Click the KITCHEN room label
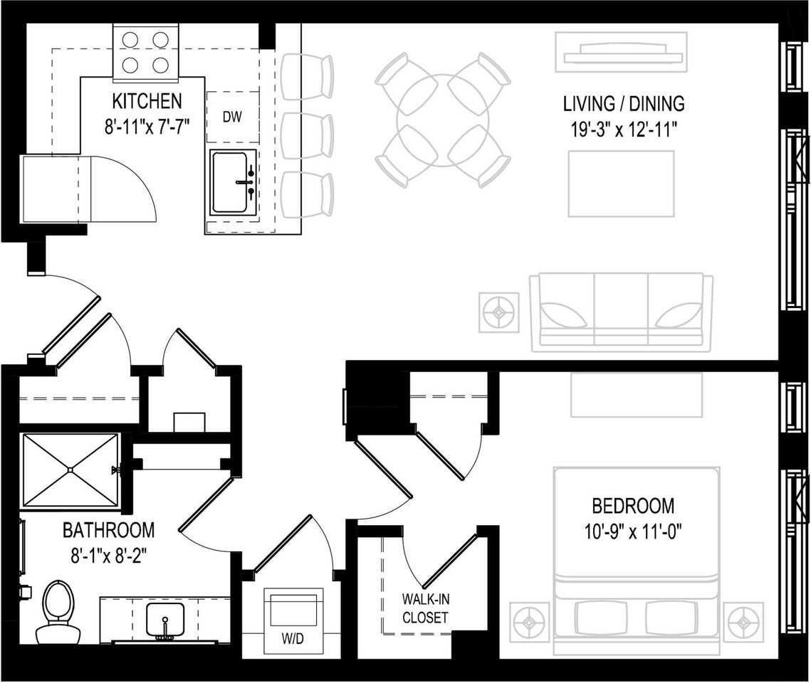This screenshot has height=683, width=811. tap(146, 100)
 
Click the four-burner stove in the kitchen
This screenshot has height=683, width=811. tap(145, 53)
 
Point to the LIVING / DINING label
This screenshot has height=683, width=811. tap(623, 104)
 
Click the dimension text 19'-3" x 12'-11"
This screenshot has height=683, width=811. tap(623, 129)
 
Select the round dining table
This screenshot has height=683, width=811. tap(443, 120)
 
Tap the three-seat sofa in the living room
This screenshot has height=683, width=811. tap(620, 312)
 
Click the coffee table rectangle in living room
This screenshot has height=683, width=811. tap(620, 184)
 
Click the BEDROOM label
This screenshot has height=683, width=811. tap(633, 507)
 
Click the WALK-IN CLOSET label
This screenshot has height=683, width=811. tap(425, 608)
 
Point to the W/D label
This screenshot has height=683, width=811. tap(291, 638)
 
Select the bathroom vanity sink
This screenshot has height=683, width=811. tap(165, 620)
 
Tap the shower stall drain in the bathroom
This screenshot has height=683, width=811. tap(70, 470)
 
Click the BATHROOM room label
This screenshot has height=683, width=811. tap(108, 530)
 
